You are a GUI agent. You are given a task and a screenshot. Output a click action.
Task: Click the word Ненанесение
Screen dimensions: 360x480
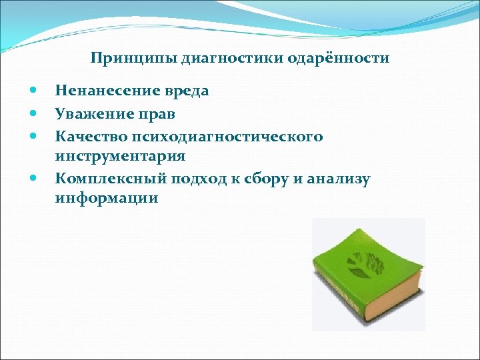click(107, 91)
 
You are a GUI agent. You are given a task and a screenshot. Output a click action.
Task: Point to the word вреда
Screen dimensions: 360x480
click(186, 91)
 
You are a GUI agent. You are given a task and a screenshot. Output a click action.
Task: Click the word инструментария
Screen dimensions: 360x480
click(120, 156)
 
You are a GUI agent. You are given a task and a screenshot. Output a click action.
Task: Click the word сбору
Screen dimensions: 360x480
click(273, 178)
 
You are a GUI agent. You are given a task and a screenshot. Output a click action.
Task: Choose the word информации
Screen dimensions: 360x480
click(107, 197)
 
